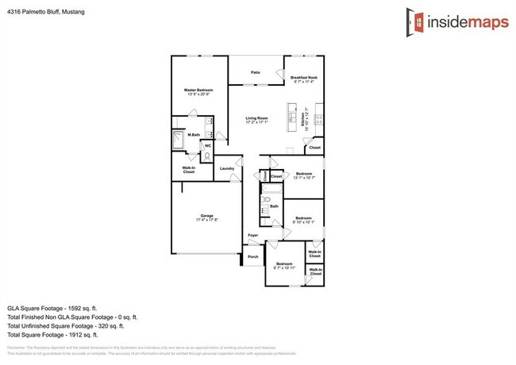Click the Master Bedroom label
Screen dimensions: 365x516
(198, 90)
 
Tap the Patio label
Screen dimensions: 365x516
(256, 72)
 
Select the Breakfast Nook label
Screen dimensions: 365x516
(303, 78)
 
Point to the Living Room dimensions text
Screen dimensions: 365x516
(256, 122)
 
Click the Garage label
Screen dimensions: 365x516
(206, 216)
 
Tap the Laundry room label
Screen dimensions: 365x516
(226, 168)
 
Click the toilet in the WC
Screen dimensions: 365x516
(207, 156)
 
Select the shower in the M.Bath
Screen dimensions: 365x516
(179, 141)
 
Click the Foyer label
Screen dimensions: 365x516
(252, 236)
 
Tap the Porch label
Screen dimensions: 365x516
(253, 257)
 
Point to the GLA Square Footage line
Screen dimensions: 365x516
(52, 306)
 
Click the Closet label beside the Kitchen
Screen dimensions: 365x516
(314, 148)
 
